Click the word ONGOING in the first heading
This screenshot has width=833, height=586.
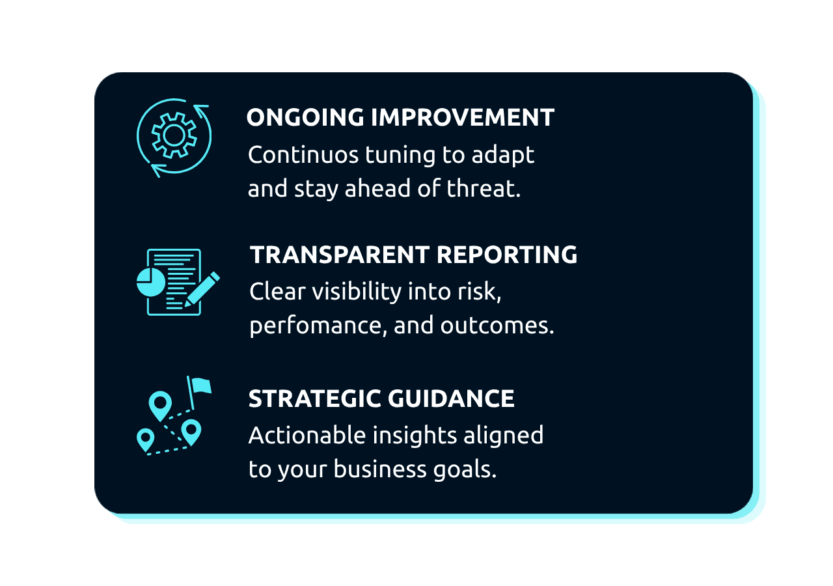pyautogui.click(x=305, y=117)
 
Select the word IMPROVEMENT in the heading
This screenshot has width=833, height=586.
pyautogui.click(x=463, y=117)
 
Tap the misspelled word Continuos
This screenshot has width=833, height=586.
pyautogui.click(x=303, y=154)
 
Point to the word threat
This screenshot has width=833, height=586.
pyautogui.click(x=483, y=188)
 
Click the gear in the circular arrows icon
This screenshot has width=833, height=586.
pyautogui.click(x=174, y=135)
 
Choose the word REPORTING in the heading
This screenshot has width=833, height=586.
pyautogui.click(x=507, y=255)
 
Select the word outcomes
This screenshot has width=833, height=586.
pyautogui.click(x=497, y=326)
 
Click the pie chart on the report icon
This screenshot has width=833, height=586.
pyautogui.click(x=151, y=282)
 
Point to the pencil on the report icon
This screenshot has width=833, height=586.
pyautogui.click(x=202, y=290)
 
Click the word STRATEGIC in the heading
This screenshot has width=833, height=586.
pyautogui.click(x=314, y=398)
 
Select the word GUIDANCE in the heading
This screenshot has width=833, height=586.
pyautogui.click(x=452, y=398)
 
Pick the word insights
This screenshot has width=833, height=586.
pyautogui.click(x=415, y=436)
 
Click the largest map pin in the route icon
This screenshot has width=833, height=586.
pyautogui.click(x=160, y=406)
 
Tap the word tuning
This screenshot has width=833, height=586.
pyautogui.click(x=400, y=156)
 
